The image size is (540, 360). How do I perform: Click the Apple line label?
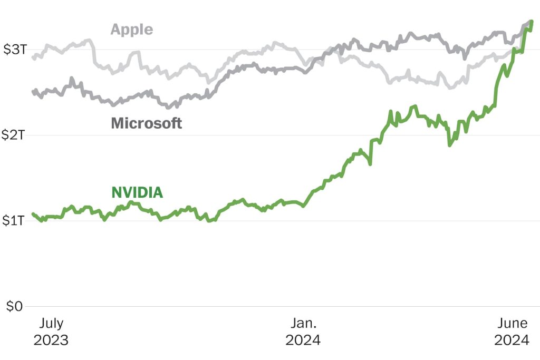click(x=131, y=29)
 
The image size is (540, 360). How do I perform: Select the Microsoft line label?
click(x=146, y=123)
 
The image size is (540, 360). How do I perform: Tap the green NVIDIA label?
click(x=137, y=193)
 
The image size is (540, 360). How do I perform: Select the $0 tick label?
click(x=15, y=306)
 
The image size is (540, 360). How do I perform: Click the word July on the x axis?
click(x=51, y=323)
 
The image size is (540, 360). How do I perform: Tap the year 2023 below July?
click(x=51, y=340)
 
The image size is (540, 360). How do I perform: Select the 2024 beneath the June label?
click(x=511, y=340)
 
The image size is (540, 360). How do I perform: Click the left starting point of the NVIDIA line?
click(x=33, y=214)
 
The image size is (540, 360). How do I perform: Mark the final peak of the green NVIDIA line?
click(x=532, y=22)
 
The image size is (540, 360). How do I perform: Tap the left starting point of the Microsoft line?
click(x=33, y=92)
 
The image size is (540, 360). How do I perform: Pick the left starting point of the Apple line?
click(x=33, y=57)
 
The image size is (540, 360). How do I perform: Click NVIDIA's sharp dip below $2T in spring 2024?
click(x=450, y=145)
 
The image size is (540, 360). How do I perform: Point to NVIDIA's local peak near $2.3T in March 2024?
click(x=416, y=106)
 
